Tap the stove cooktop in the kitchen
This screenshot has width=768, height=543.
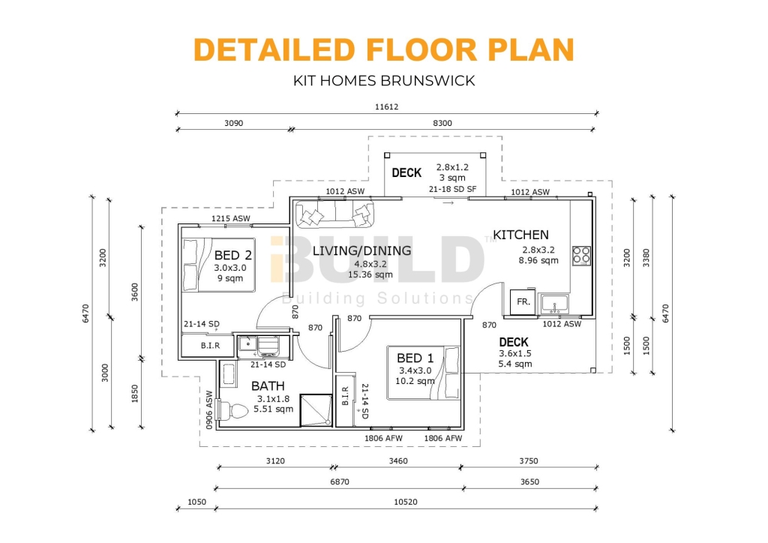581,255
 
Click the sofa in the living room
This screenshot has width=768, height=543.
334,214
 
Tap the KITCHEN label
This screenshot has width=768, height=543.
520,235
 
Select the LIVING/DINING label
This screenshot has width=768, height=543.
361,250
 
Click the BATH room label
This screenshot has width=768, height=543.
268,385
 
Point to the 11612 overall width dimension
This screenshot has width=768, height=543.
386,106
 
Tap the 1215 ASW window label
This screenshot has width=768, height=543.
230,219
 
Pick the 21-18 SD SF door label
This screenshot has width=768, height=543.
452,190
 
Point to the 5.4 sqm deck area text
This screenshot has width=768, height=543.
514,364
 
